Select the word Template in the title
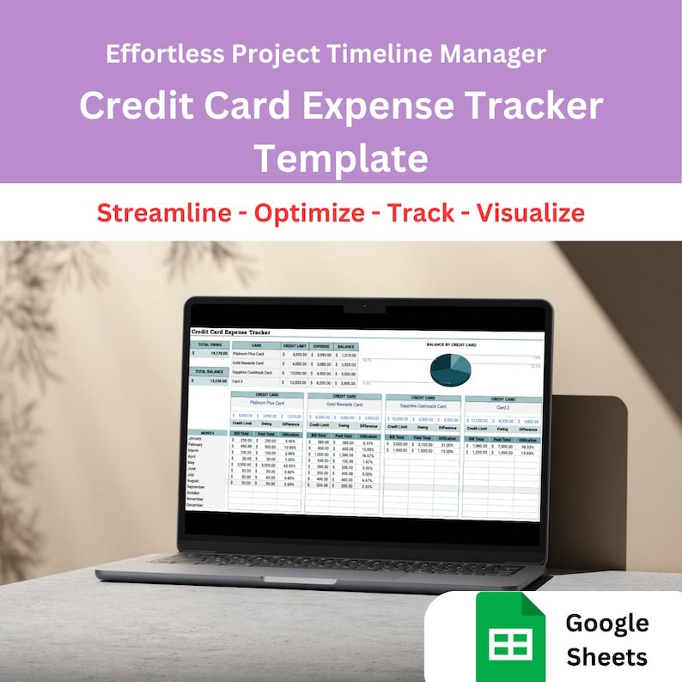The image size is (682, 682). (x=341, y=158)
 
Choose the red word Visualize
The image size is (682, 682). (x=532, y=212)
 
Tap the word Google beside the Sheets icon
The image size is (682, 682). (x=607, y=623)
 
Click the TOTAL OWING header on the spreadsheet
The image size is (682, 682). (x=209, y=345)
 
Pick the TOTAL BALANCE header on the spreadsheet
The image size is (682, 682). (x=209, y=372)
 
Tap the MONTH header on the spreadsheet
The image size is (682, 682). (x=207, y=433)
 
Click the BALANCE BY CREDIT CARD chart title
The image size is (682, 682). (x=451, y=344)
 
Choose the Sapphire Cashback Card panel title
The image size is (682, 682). (x=423, y=406)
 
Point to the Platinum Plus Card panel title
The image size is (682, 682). (x=266, y=402)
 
